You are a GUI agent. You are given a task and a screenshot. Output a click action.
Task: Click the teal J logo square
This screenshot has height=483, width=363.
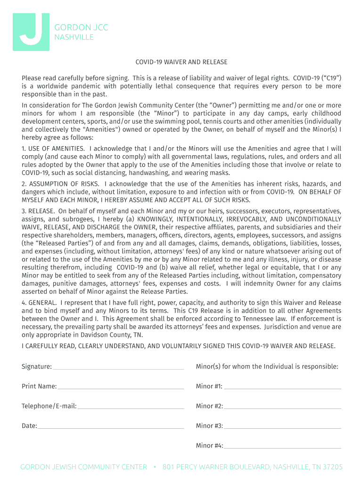(31, 32)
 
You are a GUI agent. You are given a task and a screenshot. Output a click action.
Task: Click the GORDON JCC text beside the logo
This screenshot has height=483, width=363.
(81, 27)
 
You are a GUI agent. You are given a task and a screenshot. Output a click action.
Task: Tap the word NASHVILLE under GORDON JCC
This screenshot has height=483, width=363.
(74, 37)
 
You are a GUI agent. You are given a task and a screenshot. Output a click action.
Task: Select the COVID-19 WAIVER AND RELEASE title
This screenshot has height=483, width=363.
(181, 62)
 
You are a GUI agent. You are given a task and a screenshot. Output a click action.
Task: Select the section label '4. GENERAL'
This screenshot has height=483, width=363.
(39, 302)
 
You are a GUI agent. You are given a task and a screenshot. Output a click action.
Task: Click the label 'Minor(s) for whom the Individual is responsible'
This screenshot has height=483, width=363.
(267, 366)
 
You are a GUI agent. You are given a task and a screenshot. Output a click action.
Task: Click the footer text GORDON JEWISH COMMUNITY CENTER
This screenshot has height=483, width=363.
(83, 467)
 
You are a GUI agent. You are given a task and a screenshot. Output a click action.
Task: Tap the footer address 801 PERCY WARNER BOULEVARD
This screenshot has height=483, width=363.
(216, 467)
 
